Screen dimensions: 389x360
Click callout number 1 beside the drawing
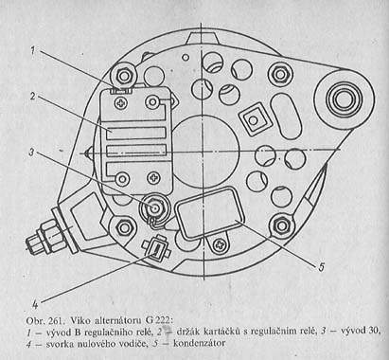(34, 51)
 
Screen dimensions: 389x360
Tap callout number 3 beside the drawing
(32, 152)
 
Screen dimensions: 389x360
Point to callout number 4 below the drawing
(35, 304)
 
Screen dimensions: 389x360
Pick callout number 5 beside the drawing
(321, 267)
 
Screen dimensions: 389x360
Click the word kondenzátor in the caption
(200, 343)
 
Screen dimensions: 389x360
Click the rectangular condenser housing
(209, 212)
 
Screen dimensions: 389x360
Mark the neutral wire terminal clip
(156, 248)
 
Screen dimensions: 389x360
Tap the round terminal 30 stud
(154, 207)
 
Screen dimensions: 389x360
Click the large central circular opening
(205, 151)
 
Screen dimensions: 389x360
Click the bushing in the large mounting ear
(342, 99)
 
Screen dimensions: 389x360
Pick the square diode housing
(254, 120)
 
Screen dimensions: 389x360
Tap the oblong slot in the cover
(285, 116)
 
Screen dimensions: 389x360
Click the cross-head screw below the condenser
(220, 244)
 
